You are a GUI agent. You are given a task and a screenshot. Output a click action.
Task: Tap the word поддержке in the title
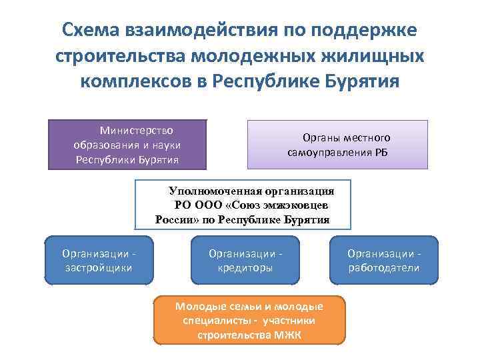click(364, 31)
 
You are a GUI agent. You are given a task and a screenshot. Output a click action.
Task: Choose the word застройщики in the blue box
click(98, 267)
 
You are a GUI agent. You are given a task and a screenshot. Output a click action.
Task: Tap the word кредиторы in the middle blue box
click(245, 267)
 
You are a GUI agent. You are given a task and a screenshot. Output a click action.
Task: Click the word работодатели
click(383, 267)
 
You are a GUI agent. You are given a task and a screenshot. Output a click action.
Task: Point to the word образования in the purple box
click(101, 145)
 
